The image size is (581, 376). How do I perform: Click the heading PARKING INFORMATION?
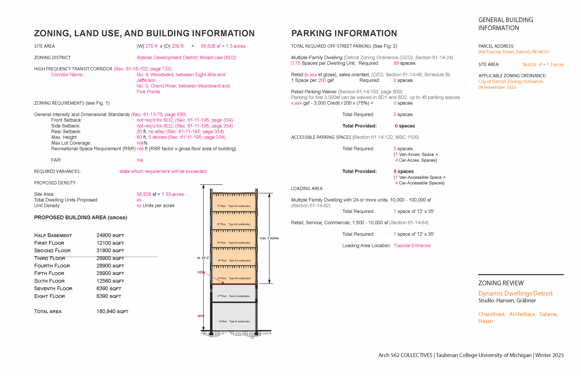(x=344, y=33)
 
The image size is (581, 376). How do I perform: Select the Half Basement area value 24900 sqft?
(x=110, y=235)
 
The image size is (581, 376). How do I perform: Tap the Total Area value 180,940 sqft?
(x=112, y=311)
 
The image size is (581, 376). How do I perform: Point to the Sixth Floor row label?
(x=49, y=281)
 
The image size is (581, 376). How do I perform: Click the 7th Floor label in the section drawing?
(x=222, y=206)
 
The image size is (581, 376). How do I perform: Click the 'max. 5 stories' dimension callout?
(x=269, y=238)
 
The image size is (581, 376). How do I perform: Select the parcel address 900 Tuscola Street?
(x=514, y=52)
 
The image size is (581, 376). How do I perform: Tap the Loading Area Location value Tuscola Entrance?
(x=412, y=246)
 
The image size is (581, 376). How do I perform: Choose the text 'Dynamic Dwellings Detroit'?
(x=515, y=293)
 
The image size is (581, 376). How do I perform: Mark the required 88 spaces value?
(x=404, y=63)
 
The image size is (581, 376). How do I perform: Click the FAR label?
(x=56, y=160)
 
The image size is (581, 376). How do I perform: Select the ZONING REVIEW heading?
(x=501, y=283)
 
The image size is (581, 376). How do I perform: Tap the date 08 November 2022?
(x=497, y=87)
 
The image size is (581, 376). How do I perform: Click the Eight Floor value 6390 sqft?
(x=109, y=296)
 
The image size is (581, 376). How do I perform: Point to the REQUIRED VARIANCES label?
(x=57, y=171)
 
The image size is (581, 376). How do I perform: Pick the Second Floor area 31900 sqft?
(x=110, y=250)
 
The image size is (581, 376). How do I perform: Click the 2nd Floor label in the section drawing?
(x=222, y=296)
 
